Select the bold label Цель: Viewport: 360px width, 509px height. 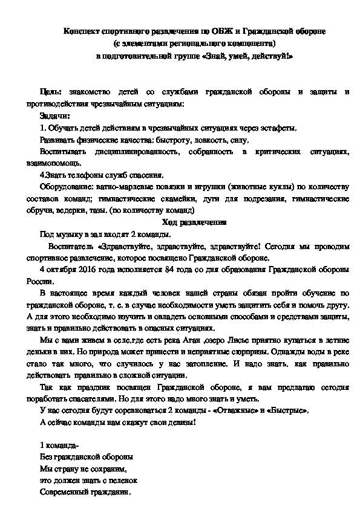click(50, 91)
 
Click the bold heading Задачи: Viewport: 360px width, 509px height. click(54, 115)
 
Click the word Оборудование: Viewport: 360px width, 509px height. click(65, 187)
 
